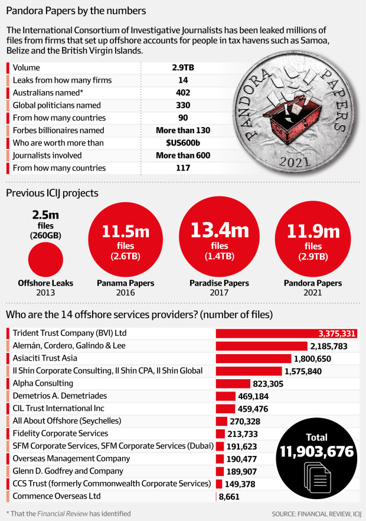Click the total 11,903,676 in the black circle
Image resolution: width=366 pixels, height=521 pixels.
(x=316, y=452)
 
